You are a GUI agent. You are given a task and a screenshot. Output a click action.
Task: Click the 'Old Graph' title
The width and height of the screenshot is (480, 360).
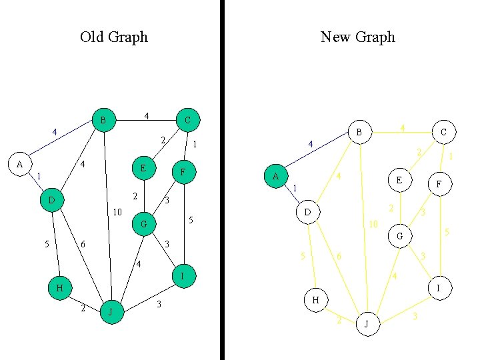click(113, 37)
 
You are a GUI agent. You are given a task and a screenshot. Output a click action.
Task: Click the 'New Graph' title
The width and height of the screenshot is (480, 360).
click(358, 37)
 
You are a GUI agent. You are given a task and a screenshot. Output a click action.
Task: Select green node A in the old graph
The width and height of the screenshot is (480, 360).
click(20, 163)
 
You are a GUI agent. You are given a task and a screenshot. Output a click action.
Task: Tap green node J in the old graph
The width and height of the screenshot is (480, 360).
click(112, 312)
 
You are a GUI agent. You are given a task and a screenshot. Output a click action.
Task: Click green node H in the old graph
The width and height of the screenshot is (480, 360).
click(60, 288)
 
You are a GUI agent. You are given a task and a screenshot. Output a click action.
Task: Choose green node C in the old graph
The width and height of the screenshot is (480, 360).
click(187, 120)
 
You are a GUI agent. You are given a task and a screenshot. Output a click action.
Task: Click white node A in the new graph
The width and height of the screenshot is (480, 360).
click(275, 176)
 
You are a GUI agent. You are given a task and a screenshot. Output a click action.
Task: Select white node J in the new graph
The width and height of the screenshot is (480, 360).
click(367, 324)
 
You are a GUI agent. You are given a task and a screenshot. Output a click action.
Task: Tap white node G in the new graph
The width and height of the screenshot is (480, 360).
click(399, 236)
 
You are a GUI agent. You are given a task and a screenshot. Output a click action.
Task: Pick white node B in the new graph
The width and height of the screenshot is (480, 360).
click(359, 133)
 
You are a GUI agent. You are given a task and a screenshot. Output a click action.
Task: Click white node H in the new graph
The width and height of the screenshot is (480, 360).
click(316, 300)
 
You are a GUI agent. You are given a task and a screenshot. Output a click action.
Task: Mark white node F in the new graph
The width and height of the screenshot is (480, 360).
click(439, 183)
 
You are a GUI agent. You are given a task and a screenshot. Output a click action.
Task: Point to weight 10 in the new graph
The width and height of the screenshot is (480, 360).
click(374, 225)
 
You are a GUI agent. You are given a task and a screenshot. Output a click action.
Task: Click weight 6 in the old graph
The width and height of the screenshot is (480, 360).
click(83, 245)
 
